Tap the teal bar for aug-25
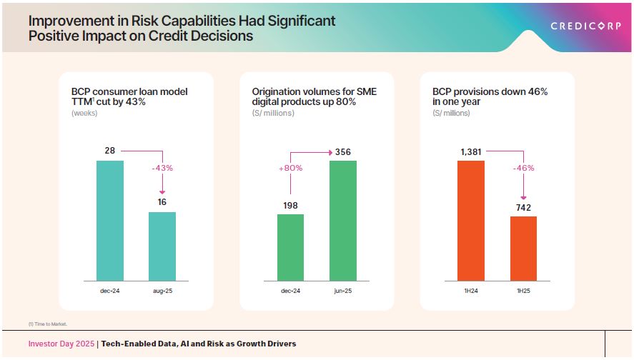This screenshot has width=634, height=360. pyautogui.click(x=162, y=246)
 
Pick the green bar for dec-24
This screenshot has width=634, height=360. pyautogui.click(x=290, y=247)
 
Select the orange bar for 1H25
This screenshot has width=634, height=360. pyautogui.click(x=523, y=248)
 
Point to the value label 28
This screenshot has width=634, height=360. pyautogui.click(x=109, y=151)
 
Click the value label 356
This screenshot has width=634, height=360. pyautogui.click(x=343, y=152)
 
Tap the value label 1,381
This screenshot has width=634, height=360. pyautogui.click(x=470, y=151)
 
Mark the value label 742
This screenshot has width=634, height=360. pyautogui.click(x=523, y=207)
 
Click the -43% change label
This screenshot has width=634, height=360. pyautogui.click(x=162, y=168)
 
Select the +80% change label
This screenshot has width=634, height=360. pyautogui.click(x=290, y=168)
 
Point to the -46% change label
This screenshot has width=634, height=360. pyautogui.click(x=523, y=168)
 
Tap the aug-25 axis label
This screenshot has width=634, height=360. pyautogui.click(x=162, y=291)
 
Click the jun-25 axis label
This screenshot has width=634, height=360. pyautogui.click(x=343, y=291)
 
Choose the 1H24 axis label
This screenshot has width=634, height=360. pyautogui.click(x=470, y=291)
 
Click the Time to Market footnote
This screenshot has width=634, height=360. pyautogui.click(x=49, y=324)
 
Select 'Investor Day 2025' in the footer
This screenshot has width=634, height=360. pyautogui.click(x=61, y=344)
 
